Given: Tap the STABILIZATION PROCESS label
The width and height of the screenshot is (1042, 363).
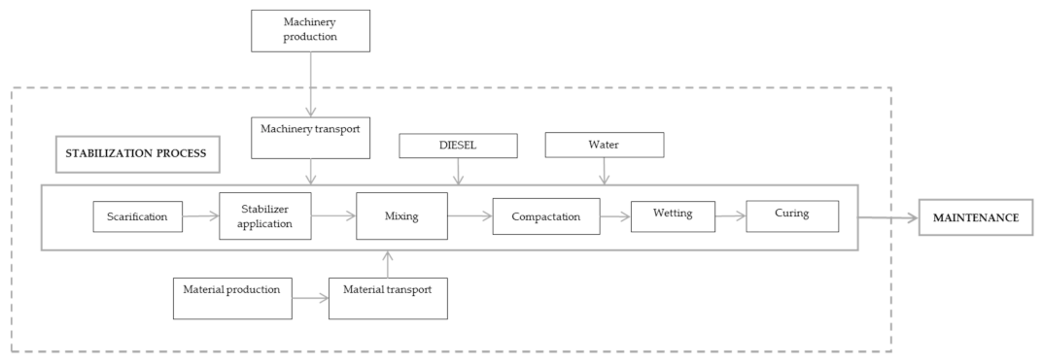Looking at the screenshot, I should click(x=136, y=153).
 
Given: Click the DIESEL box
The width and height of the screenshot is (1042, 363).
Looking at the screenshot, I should click(x=458, y=145).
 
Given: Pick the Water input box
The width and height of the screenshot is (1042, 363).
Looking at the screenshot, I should click(x=604, y=145).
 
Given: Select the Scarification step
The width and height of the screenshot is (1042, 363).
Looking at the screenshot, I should click(x=138, y=216).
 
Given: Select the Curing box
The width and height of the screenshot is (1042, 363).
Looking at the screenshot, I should click(x=792, y=215).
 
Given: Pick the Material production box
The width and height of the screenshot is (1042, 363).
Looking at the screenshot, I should click(x=232, y=298).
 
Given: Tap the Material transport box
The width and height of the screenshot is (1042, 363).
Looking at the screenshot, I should click(x=388, y=298).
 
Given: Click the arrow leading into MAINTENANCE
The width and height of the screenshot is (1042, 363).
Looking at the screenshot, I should click(x=889, y=217).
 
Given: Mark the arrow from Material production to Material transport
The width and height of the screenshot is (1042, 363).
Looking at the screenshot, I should click(x=310, y=299).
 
